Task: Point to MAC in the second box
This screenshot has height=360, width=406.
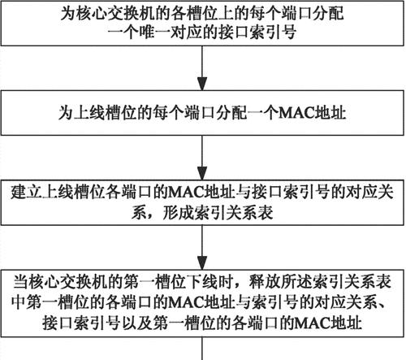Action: [x=296, y=113]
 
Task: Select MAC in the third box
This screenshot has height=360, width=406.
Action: [x=185, y=192]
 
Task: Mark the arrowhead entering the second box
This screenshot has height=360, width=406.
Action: [x=202, y=84]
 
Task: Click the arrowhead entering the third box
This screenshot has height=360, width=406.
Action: [x=202, y=173]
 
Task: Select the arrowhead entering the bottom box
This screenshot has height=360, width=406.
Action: [x=202, y=262]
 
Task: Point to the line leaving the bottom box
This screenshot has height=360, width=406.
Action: [x=202, y=349]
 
